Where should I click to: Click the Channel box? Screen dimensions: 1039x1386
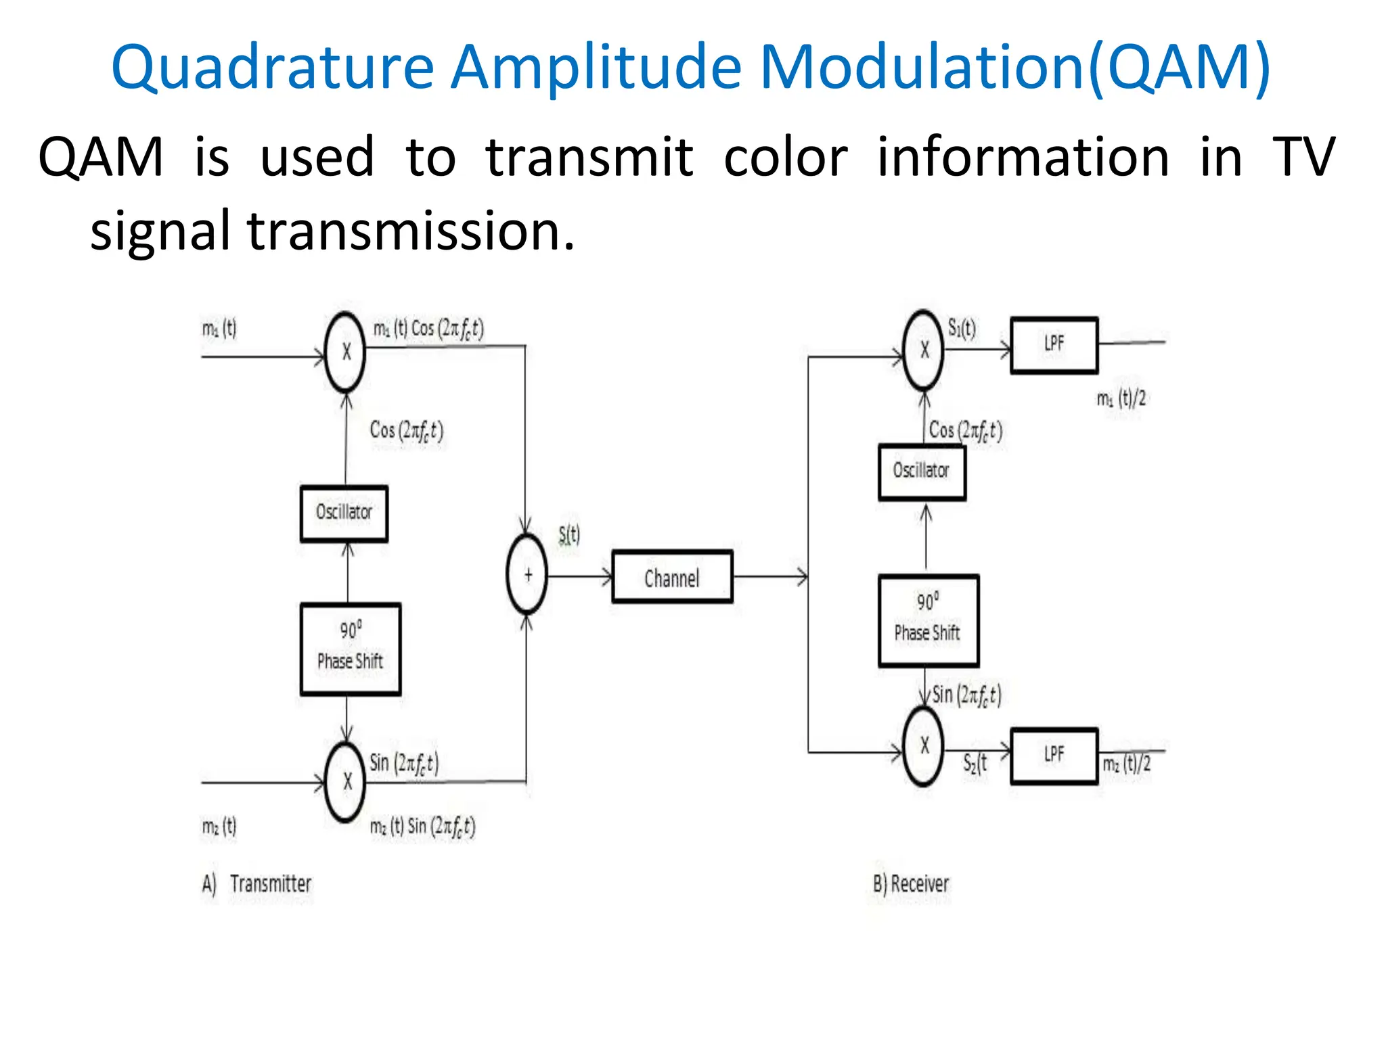tap(672, 577)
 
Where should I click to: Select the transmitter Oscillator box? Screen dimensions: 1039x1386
tap(344, 513)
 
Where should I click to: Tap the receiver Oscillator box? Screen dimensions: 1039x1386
tap(922, 471)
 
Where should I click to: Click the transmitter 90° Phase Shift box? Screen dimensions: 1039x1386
tap(351, 649)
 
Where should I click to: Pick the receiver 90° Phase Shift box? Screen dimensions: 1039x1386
tap(929, 620)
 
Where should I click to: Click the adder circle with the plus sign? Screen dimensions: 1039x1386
tap(527, 574)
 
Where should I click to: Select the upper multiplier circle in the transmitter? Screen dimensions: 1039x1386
tap(345, 352)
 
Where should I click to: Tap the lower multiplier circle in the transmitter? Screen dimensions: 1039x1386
tap(345, 782)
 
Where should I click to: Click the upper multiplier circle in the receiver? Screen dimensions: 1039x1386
tap(924, 350)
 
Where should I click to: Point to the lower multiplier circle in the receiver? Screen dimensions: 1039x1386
tap(924, 746)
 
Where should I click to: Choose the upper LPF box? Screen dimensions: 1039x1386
tap(1054, 345)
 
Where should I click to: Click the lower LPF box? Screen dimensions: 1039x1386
tap(1054, 756)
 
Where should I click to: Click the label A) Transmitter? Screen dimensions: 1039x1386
tap(257, 883)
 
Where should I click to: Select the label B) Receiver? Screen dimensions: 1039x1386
tap(911, 883)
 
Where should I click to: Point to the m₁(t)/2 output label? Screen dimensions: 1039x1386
tap(1121, 398)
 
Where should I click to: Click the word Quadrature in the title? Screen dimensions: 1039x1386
tap(272, 68)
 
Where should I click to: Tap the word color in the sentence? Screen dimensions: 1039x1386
tap(785, 158)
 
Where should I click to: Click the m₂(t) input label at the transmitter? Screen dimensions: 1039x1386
tap(219, 826)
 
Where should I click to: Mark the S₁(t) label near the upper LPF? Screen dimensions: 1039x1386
tap(962, 329)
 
